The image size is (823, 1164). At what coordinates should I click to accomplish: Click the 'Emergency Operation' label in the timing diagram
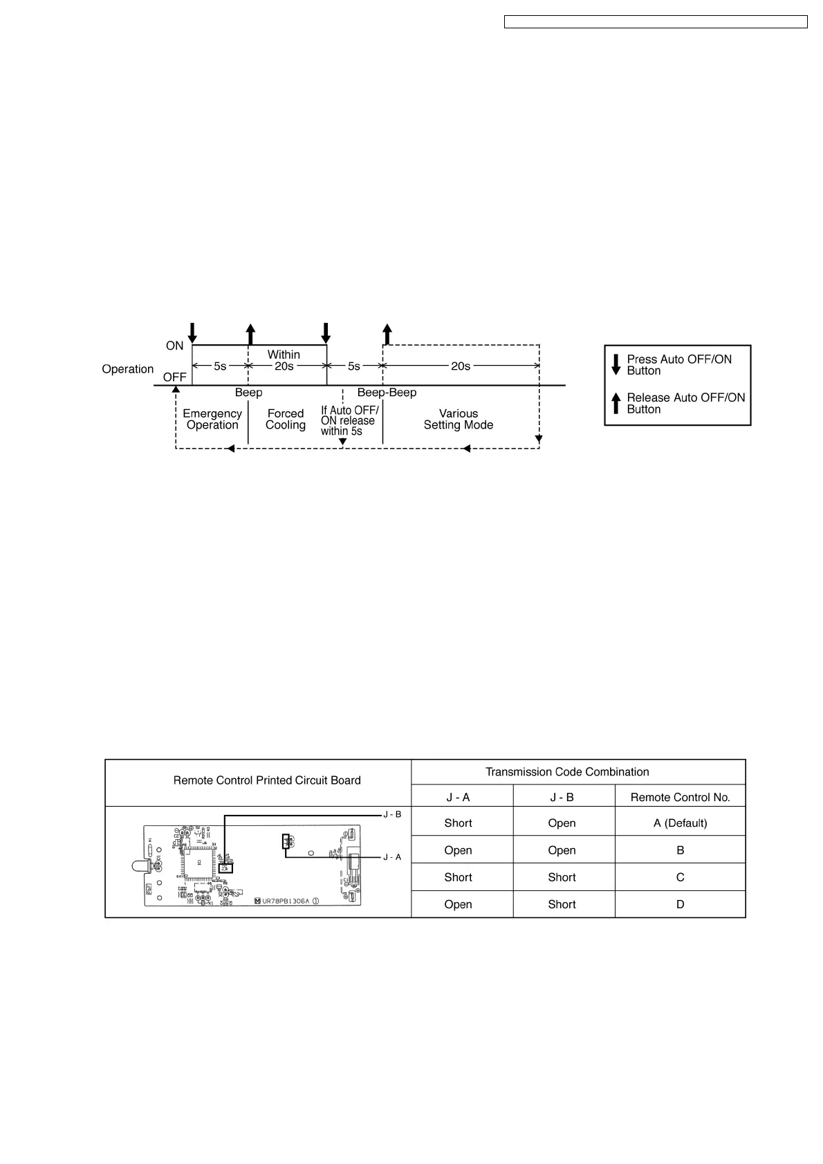pos(212,419)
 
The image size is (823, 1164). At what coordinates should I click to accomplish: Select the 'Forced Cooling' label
pos(286,419)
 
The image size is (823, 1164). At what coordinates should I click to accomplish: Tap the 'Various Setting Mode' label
pos(459,419)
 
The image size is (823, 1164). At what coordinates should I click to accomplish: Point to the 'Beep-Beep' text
pos(387,393)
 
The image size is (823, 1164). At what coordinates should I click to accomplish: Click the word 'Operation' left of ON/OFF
pos(128,369)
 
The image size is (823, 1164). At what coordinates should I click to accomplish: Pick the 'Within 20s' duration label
pos(284,360)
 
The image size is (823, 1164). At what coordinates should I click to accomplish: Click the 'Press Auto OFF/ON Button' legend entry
pos(678,365)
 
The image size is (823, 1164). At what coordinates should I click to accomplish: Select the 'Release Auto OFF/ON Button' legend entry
pos(685,403)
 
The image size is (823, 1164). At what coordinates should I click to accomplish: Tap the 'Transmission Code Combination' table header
pos(567,772)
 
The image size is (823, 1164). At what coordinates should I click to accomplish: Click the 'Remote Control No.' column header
pos(680,797)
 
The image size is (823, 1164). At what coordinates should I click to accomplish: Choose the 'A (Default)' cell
pos(680,823)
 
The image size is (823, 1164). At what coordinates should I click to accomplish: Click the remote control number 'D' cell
pos(680,904)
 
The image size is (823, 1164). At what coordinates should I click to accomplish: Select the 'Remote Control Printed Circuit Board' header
pos(267,780)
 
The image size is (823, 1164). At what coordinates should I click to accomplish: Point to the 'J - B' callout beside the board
pos(392,814)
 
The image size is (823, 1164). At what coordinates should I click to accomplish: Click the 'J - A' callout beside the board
pos(392,857)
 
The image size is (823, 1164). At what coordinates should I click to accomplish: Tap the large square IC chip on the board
pos(199,861)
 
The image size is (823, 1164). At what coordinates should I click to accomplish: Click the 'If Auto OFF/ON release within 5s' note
pos(349,420)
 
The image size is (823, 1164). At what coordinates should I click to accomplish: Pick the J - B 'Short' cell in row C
pos(562,877)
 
